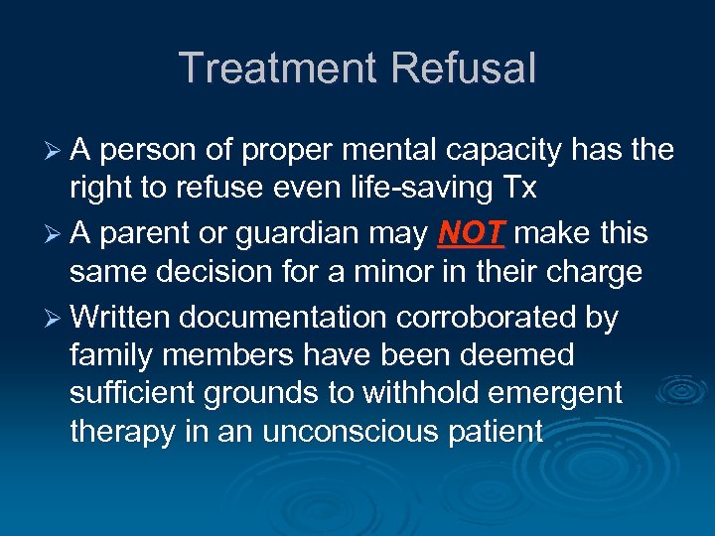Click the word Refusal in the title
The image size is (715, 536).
[x=464, y=68]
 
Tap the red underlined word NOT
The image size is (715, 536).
[x=472, y=234]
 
